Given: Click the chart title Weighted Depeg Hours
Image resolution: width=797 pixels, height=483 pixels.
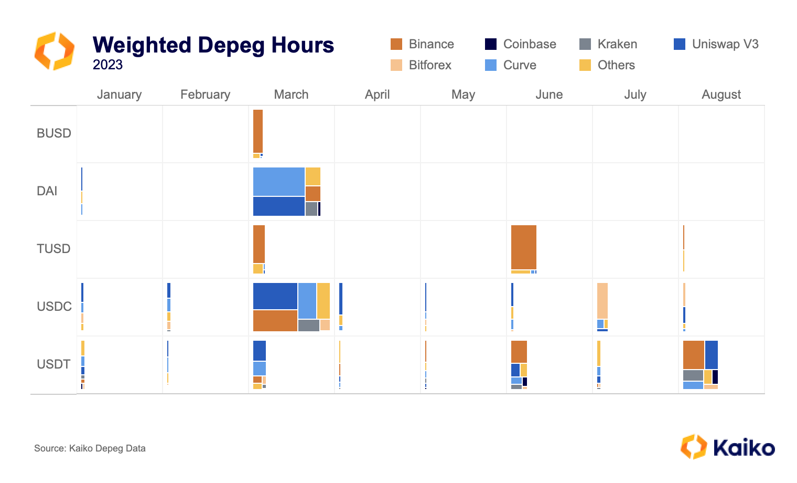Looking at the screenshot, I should click(x=213, y=45).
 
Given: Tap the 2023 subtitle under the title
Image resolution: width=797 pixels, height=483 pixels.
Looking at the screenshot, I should click(x=107, y=65).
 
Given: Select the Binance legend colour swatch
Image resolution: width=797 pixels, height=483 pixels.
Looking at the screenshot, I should click(x=396, y=44).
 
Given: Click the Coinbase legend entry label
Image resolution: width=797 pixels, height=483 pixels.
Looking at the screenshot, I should click(x=530, y=44).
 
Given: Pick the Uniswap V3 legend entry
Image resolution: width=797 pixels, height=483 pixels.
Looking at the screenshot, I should click(x=725, y=44).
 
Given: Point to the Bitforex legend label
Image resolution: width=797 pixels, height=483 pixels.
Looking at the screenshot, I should click(x=430, y=65).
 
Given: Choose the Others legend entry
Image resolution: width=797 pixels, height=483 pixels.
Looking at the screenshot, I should click(x=616, y=65).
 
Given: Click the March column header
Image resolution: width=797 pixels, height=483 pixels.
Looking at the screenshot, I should click(x=291, y=94).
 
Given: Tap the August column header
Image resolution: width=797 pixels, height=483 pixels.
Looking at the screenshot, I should click(x=721, y=94).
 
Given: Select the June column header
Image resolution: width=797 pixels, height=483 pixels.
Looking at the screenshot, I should click(x=549, y=94).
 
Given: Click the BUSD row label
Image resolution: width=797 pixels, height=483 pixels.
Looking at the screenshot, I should click(x=53, y=133).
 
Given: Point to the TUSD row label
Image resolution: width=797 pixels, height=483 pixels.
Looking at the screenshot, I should click(x=53, y=249).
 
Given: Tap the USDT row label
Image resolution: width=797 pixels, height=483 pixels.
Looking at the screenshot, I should click(x=53, y=364).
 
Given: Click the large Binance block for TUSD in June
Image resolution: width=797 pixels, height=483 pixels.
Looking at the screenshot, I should click(x=523, y=247).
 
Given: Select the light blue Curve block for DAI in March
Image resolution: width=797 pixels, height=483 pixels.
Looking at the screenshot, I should click(x=278, y=182).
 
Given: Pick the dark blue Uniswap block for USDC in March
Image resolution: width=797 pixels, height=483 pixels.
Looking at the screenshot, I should click(x=275, y=296).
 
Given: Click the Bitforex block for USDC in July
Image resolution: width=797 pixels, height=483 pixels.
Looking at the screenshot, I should click(x=602, y=300).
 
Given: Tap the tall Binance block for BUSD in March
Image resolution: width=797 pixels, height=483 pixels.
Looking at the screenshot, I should click(x=257, y=131).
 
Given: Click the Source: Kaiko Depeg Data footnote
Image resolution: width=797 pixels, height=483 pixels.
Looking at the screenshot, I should click(x=90, y=448).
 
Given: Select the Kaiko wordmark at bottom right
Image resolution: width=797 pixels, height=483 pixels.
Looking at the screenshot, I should click(x=744, y=448).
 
